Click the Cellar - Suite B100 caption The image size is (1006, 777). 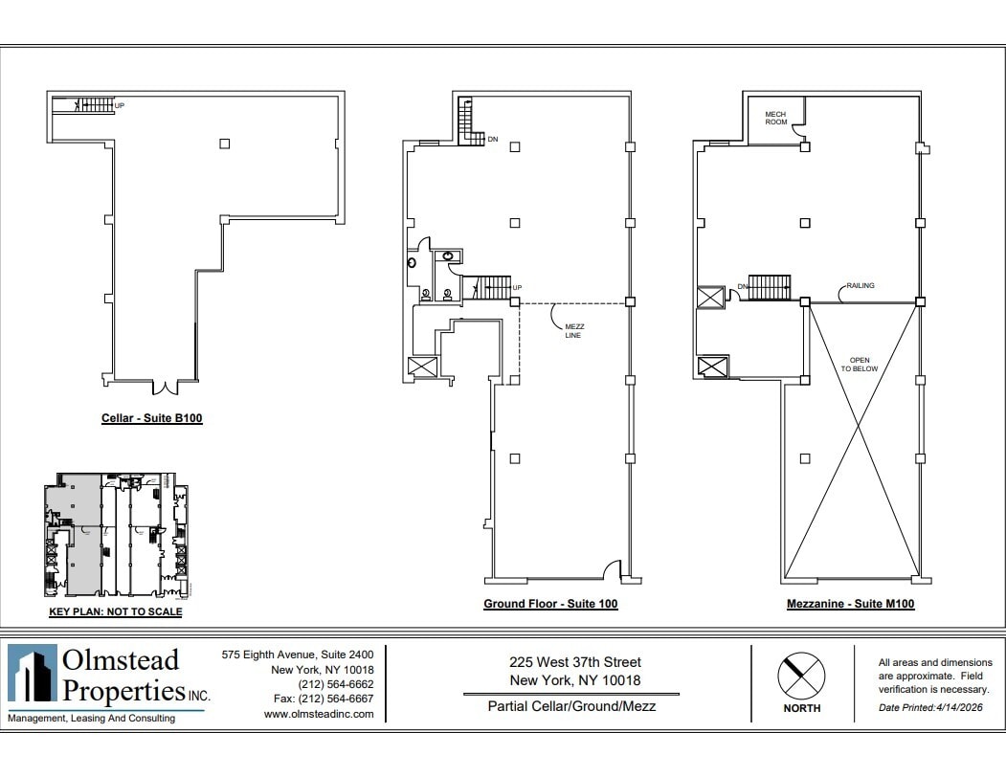[x=151, y=418]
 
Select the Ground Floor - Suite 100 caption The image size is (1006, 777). [x=549, y=604]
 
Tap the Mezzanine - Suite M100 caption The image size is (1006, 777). [x=850, y=604]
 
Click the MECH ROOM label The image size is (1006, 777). [x=774, y=119]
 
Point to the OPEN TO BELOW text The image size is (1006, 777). [x=859, y=365]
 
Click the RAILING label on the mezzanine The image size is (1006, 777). [x=860, y=285]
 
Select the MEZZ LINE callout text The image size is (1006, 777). [x=573, y=330]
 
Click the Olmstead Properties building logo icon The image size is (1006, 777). [x=33, y=677]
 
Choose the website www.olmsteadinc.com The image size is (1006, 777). [x=318, y=714]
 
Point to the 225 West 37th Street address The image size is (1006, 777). [x=574, y=662]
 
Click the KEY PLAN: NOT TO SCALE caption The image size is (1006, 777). [x=115, y=611]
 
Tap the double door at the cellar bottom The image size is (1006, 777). [x=166, y=388]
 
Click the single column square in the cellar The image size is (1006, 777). [x=224, y=144]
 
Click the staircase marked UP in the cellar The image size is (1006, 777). [x=94, y=104]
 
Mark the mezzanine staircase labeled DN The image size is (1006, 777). [x=769, y=286]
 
